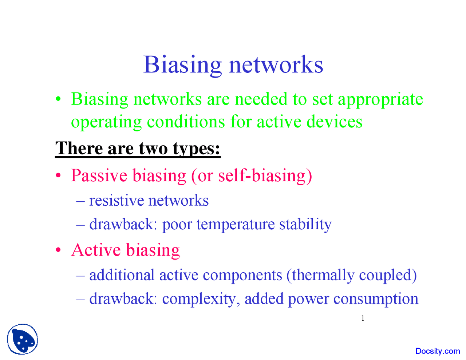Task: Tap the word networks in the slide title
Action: point(276,65)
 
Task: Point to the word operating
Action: point(106,122)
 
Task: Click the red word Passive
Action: point(99,175)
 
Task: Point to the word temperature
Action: point(236,224)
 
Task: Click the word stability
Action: point(305,224)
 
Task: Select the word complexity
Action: point(201,299)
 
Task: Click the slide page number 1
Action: point(363,319)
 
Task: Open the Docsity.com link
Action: point(438,351)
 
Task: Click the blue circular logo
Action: point(22,339)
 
